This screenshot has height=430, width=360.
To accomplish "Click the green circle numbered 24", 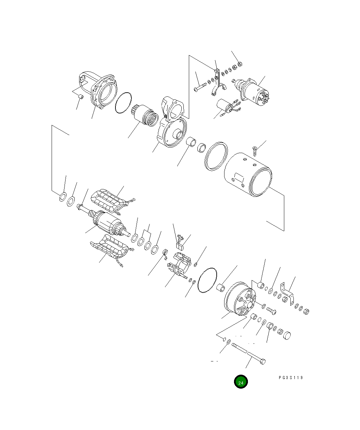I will [x=241, y=382].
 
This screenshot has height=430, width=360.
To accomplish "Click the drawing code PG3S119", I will [x=291, y=377].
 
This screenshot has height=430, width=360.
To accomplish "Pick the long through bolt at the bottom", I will [x=249, y=354].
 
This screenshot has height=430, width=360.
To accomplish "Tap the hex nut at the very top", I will [x=239, y=63].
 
